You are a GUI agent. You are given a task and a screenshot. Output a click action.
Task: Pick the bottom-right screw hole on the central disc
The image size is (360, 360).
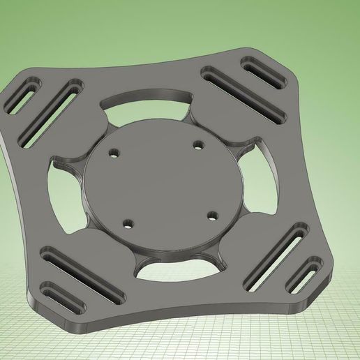pyautogui.click(x=213, y=216)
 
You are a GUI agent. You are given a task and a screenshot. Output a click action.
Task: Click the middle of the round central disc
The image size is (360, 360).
pyautogui.click(x=164, y=185)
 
